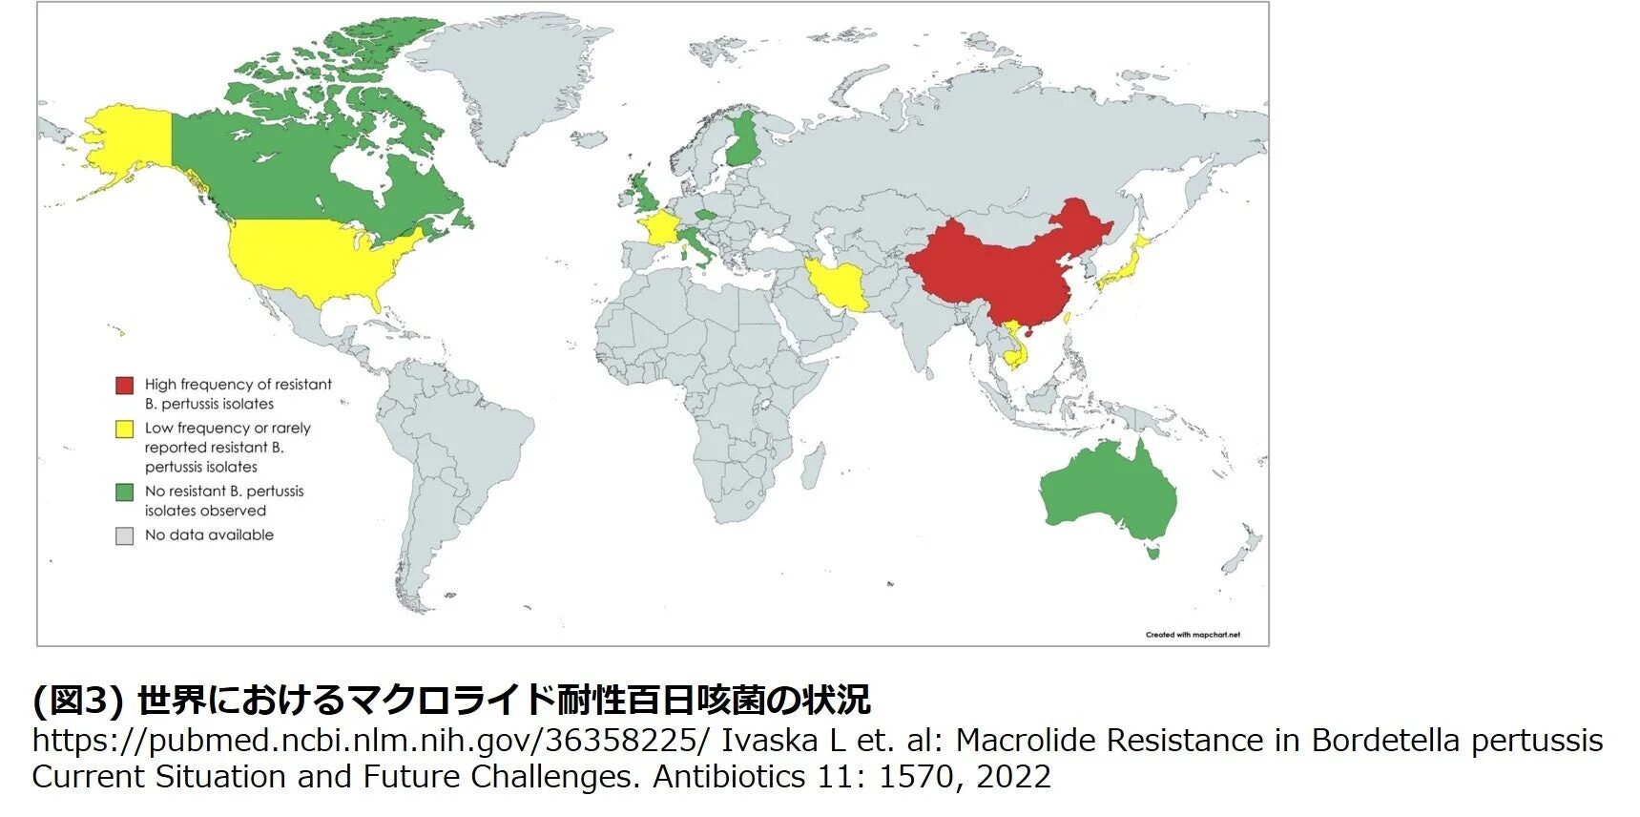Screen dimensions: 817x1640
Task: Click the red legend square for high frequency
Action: point(124,386)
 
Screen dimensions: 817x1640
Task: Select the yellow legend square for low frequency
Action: point(124,429)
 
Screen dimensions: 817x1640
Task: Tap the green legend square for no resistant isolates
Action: point(124,492)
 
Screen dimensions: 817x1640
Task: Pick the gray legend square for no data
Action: point(124,536)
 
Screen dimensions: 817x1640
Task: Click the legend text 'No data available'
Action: point(209,535)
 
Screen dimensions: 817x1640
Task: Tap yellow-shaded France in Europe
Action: point(659,229)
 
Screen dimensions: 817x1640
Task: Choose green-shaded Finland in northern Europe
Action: point(740,141)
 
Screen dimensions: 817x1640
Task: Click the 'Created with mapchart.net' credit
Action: point(1193,635)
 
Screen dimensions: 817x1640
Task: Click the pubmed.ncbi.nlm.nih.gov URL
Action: point(372,741)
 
